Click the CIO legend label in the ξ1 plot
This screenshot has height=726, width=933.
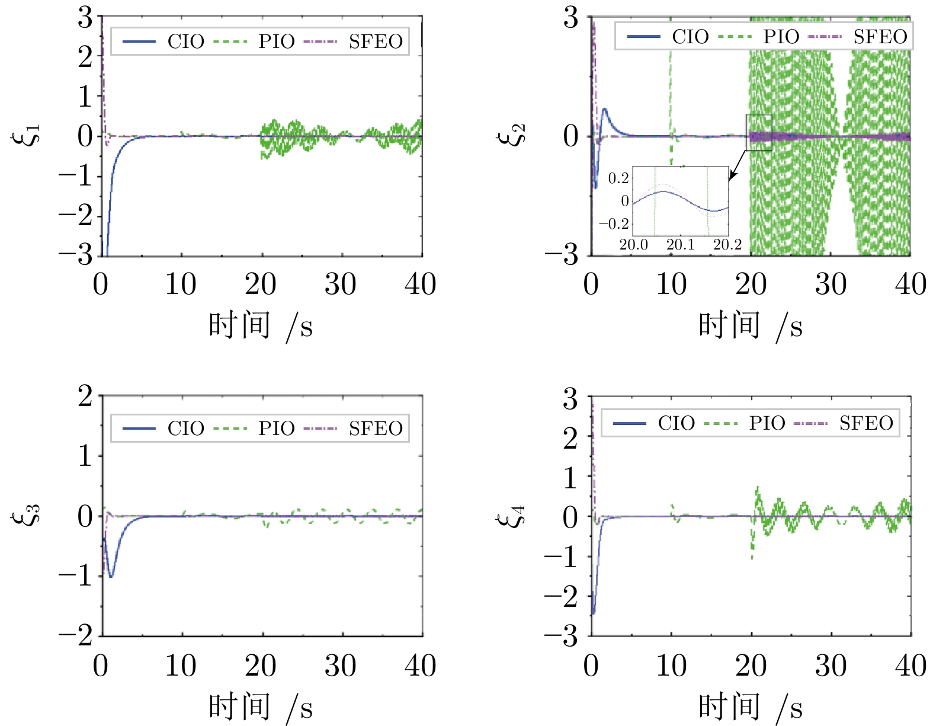pyautogui.click(x=185, y=41)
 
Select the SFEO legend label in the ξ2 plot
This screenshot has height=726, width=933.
pyautogui.click(x=880, y=37)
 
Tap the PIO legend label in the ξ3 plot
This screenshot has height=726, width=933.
pyautogui.click(x=276, y=428)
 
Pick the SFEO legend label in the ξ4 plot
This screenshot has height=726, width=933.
pyautogui.click(x=866, y=423)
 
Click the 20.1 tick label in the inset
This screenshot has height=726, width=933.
pyautogui.click(x=680, y=245)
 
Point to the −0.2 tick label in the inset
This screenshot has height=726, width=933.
pyautogui.click(x=614, y=224)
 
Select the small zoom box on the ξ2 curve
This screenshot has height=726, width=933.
pyautogui.click(x=759, y=132)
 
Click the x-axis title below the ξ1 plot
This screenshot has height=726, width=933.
pyautogui.click(x=261, y=326)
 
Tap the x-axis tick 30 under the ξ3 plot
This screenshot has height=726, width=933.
pyautogui.click(x=341, y=666)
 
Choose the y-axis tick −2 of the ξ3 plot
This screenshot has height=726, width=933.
pyautogui.click(x=76, y=636)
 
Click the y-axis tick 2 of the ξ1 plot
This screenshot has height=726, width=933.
pyautogui.click(x=85, y=57)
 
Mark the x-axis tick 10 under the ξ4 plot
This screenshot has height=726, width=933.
pyautogui.click(x=671, y=666)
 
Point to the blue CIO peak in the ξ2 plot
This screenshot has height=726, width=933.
pyautogui.click(x=604, y=109)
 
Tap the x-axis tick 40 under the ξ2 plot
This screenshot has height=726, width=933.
pyautogui.click(x=910, y=284)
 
